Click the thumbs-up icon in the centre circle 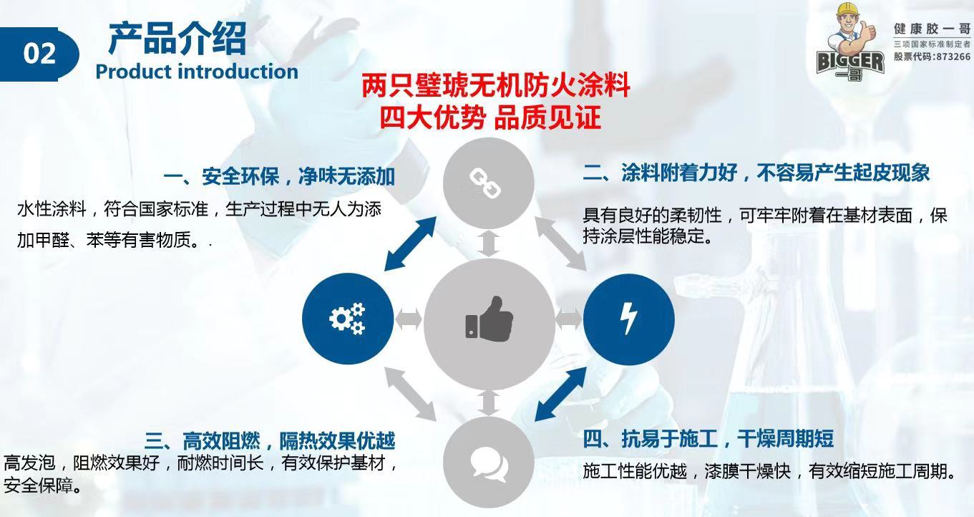point(490,319)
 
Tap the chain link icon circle point(489,182)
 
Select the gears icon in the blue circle point(347,319)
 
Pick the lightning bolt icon point(628,319)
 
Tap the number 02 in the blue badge point(39,54)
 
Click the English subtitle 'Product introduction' point(197,72)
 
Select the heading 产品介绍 point(177,39)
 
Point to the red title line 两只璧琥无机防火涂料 point(495,87)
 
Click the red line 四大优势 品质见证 point(490,117)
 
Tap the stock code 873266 point(950,57)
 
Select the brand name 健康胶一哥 point(931,29)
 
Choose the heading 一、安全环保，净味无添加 point(279,176)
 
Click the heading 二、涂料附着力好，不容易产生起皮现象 point(756,173)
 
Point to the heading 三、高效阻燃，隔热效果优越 point(270,440)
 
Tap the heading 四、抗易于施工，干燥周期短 point(708,438)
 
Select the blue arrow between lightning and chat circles point(562,393)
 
